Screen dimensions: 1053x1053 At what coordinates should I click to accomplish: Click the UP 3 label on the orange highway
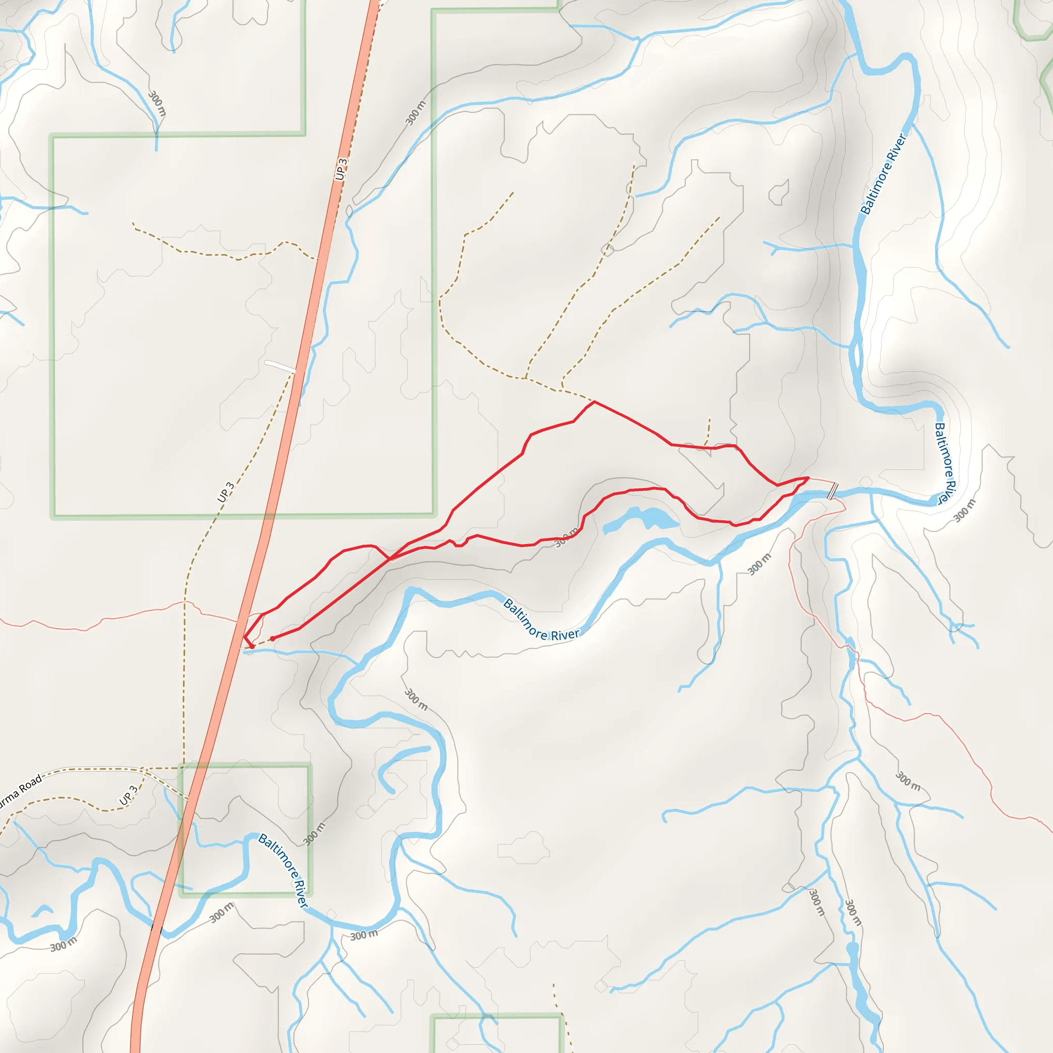point(341,169)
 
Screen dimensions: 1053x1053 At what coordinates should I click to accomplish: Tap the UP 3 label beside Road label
point(129,796)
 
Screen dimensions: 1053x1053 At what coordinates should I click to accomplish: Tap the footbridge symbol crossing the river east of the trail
point(832,491)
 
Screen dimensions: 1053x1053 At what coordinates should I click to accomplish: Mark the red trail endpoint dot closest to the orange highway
point(252,647)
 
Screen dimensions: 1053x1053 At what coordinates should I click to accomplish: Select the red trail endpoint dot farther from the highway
point(272,639)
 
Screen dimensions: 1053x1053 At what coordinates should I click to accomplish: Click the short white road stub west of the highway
point(280,366)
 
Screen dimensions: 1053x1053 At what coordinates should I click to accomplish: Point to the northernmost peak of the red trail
point(594,402)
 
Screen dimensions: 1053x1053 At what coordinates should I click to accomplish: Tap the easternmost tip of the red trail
point(808,478)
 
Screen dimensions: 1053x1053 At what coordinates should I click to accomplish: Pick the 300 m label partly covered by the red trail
point(567,538)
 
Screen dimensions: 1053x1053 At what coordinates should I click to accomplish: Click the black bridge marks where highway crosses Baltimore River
point(157,928)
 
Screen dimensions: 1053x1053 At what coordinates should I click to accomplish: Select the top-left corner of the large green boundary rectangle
point(53,136)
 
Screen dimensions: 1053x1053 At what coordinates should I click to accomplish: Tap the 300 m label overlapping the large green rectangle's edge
point(416,113)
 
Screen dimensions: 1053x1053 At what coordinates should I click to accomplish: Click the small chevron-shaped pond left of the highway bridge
point(42,910)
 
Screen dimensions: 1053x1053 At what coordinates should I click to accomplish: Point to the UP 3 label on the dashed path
point(226,492)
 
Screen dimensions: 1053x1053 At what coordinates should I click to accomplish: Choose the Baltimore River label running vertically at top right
point(883,174)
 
